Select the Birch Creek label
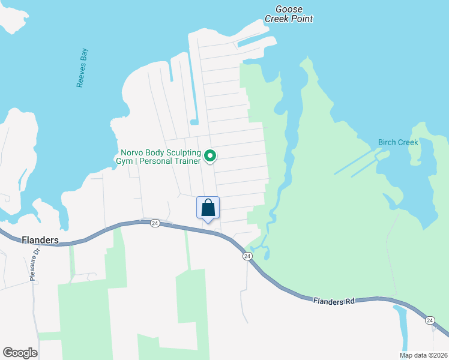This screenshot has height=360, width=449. tap(397, 143)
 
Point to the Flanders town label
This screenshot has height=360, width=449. tap(40, 240)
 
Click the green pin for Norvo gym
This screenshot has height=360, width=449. tap(210, 156)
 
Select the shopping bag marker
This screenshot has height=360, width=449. tap(208, 208)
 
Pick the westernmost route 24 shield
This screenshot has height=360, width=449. tap(154, 223)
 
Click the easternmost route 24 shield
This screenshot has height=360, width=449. tap(430, 320)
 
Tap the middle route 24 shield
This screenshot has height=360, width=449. tap(247, 256)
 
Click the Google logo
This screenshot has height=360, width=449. tap(20, 353)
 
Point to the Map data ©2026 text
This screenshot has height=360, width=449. tap(423, 355)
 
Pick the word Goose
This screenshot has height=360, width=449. tap(289, 9)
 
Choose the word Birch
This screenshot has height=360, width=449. tap(388, 143)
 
